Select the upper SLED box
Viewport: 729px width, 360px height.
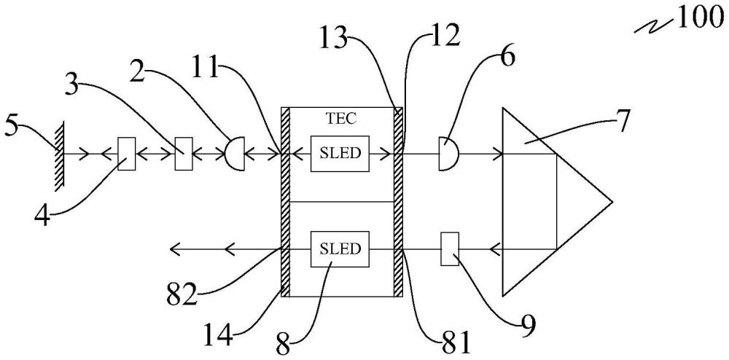point(340,154)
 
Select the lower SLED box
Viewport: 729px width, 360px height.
point(340,249)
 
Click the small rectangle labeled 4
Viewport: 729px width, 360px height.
point(127,154)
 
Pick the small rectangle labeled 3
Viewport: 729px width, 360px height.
point(182,154)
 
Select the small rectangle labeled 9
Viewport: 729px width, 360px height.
point(449,249)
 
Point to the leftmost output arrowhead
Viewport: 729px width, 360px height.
point(174,250)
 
